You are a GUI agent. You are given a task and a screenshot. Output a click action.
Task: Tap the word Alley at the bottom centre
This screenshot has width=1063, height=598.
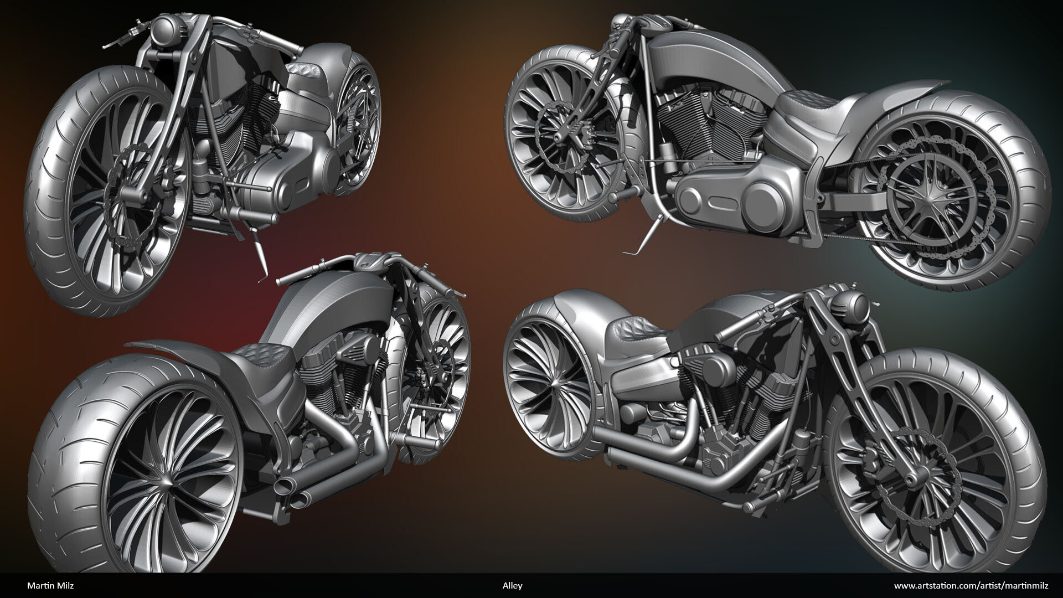coord(512,585)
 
